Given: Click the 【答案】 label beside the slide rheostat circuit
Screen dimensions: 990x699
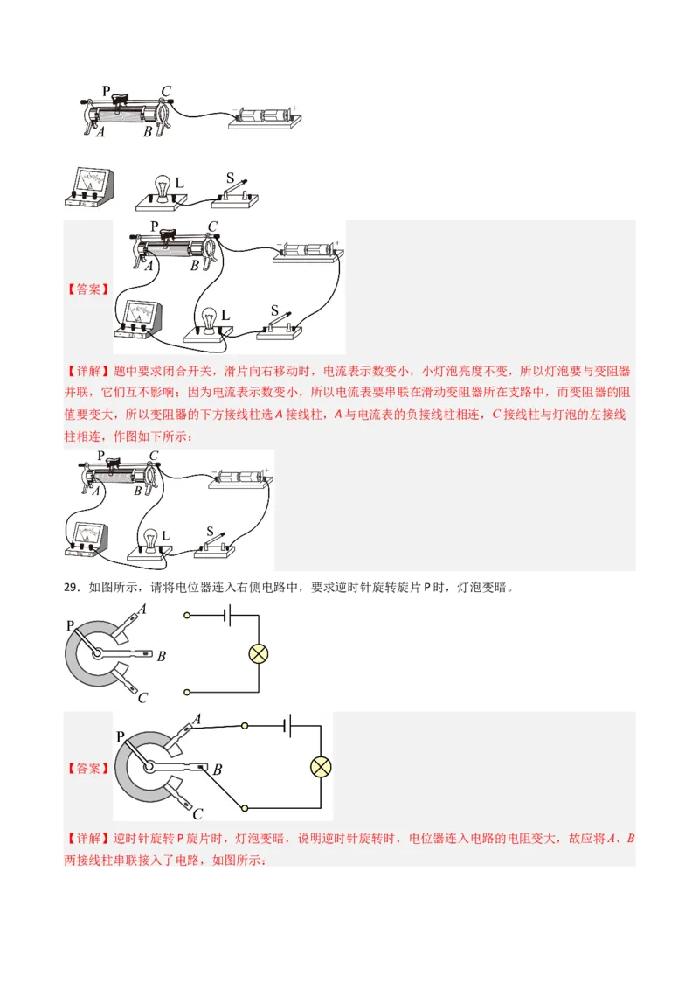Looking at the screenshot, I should point(88,289).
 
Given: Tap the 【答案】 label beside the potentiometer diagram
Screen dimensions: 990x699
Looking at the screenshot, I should point(88,769).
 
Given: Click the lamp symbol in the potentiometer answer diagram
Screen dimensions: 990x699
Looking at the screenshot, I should point(322,768).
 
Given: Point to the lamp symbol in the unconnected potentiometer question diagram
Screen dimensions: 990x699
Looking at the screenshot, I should point(259,653).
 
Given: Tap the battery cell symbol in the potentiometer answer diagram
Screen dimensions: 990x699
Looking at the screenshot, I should point(287,725).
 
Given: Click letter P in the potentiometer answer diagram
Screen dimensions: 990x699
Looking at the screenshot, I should point(120,737).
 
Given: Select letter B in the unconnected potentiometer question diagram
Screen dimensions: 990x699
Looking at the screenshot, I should point(162,655).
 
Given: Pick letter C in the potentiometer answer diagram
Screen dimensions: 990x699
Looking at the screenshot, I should point(198,813).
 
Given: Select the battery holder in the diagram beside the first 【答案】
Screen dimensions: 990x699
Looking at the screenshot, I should point(305,252).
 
